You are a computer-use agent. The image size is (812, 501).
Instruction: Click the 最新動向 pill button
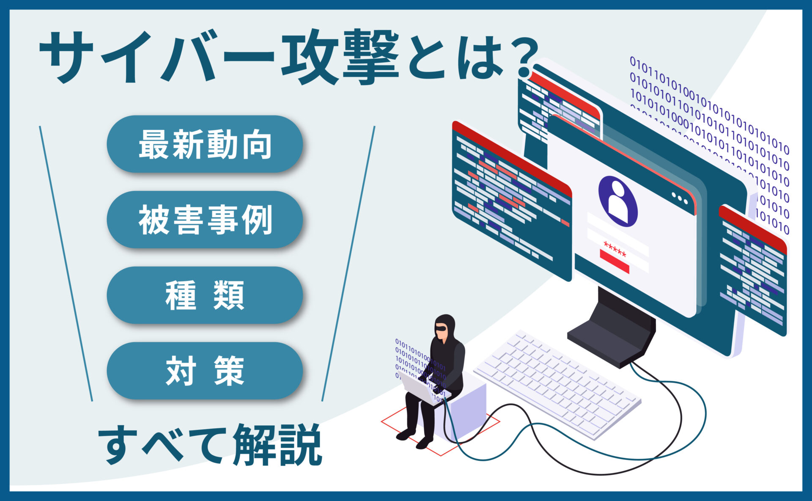[x=205, y=144]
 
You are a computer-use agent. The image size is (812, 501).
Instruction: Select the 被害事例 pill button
[x=205, y=219]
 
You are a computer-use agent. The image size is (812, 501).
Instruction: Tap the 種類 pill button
[x=205, y=295]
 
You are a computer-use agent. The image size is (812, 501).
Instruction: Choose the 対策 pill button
[x=205, y=371]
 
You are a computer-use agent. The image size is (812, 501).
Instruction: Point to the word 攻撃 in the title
[x=340, y=57]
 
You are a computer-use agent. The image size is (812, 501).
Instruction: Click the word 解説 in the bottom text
[x=277, y=444]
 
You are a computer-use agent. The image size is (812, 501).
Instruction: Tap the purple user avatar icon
[x=618, y=201]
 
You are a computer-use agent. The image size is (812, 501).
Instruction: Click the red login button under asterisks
[x=614, y=261]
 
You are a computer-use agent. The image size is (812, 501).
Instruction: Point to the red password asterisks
[x=614, y=249]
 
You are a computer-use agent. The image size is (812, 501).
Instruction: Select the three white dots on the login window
[x=680, y=198]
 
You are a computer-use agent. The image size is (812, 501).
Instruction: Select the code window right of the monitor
[x=753, y=271]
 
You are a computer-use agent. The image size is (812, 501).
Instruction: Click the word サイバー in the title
[x=156, y=57]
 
